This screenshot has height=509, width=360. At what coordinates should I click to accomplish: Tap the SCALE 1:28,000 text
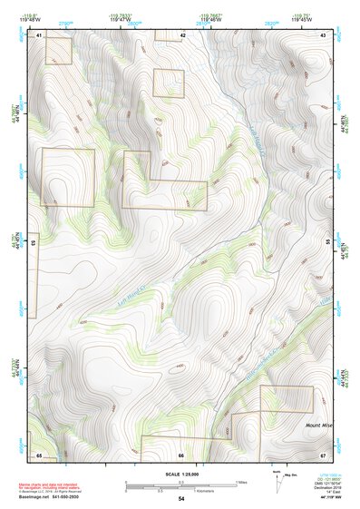point(180,473)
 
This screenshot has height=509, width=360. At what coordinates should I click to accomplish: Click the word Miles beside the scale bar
point(242,481)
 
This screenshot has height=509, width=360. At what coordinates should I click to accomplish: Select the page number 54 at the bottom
point(181,499)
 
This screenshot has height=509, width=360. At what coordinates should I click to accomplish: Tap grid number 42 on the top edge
point(183,35)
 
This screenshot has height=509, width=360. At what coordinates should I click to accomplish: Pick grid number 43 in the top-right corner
point(323,35)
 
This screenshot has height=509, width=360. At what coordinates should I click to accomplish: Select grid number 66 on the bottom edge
point(181,455)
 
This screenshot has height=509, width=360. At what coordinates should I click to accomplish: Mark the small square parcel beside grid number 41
point(58,50)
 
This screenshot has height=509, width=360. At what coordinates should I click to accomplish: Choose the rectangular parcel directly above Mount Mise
point(286,398)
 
